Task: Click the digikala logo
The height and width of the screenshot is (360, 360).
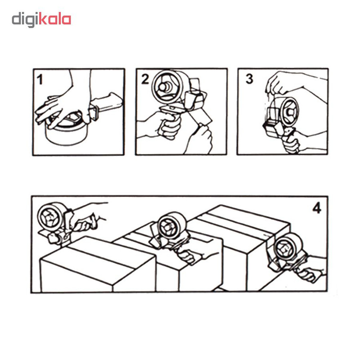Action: pyautogui.click(x=41, y=19)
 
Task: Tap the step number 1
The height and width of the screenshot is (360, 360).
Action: pyautogui.click(x=40, y=80)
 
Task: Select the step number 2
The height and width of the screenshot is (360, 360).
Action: pyautogui.click(x=145, y=79)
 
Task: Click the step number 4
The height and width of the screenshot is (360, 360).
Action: pyautogui.click(x=317, y=208)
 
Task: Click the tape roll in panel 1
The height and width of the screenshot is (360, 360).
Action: pyautogui.click(x=67, y=132)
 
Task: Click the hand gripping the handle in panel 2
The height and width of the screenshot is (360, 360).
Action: pyautogui.click(x=167, y=126)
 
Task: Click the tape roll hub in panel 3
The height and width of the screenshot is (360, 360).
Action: pyautogui.click(x=290, y=112)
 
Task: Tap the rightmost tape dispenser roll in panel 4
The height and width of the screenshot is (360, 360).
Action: pyautogui.click(x=288, y=247)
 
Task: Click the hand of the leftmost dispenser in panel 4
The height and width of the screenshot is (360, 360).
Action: pyautogui.click(x=85, y=221)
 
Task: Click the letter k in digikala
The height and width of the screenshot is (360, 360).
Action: pyautogui.click(x=43, y=18)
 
